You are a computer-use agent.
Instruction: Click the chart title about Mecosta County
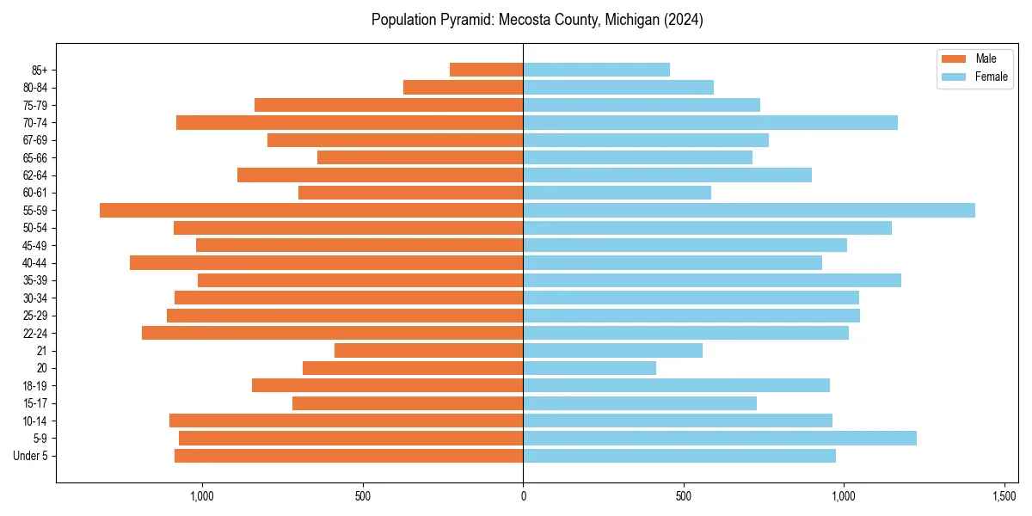(x=537, y=20)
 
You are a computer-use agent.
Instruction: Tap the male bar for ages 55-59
(x=311, y=210)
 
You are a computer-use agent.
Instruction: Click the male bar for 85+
(x=486, y=70)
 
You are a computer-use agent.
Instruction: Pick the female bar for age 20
(x=589, y=368)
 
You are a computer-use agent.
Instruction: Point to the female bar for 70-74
(x=710, y=122)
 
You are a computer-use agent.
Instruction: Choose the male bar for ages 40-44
(x=327, y=262)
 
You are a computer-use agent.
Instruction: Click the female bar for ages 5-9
(x=720, y=438)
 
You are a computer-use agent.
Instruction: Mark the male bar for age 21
(x=428, y=350)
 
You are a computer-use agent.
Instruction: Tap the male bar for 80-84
(x=463, y=87)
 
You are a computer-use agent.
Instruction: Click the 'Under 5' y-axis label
(x=30, y=456)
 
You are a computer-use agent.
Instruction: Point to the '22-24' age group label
(x=34, y=333)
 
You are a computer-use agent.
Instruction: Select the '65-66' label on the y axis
(x=34, y=157)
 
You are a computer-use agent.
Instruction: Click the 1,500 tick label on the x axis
(x=1004, y=496)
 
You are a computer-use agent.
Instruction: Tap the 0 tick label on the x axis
(x=523, y=496)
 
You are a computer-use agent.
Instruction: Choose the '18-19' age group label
(x=34, y=385)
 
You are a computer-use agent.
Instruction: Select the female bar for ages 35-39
(x=712, y=280)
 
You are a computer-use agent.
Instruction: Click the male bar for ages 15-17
(x=408, y=402)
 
